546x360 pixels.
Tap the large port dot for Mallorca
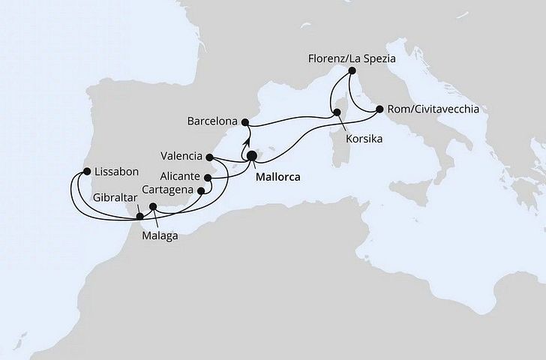(x=251, y=156)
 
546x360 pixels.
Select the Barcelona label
(x=213, y=121)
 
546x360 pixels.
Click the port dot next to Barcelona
(x=244, y=121)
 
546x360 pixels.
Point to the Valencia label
(x=181, y=156)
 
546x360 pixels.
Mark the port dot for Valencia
(x=210, y=157)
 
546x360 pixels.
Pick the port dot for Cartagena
(x=200, y=190)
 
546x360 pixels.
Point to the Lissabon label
(x=111, y=170)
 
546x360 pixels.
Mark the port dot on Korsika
(x=338, y=113)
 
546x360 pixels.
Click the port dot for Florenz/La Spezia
(x=350, y=71)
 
